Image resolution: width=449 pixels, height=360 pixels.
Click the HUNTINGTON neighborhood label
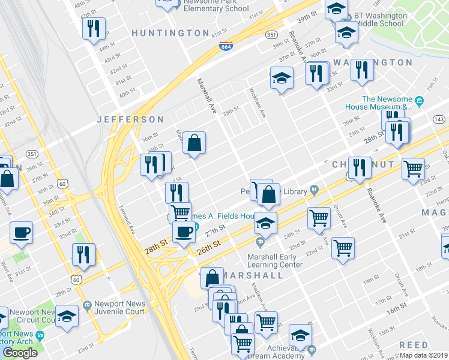[x=170, y=33]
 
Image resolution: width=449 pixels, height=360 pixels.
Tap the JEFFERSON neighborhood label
[x=130, y=120]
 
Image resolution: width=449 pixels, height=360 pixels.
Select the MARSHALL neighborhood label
[x=252, y=275]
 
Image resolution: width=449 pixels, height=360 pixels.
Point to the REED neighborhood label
[x=414, y=345]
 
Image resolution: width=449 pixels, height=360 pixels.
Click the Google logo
[x=20, y=353]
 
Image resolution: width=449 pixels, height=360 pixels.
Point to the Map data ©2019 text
[x=424, y=355]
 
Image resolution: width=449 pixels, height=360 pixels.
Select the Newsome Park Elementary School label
[x=215, y=6]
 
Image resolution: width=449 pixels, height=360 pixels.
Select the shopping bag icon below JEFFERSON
[x=194, y=143]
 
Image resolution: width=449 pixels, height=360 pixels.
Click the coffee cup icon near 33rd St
[x=21, y=233]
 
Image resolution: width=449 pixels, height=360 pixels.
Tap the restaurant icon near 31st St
[x=83, y=254]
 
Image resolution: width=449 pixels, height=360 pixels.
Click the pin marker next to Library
[x=314, y=191]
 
